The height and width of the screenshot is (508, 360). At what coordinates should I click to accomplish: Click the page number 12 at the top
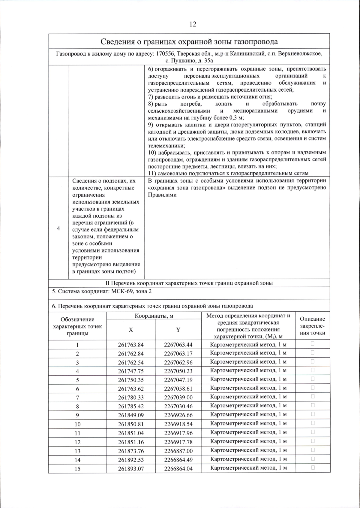point(193,24)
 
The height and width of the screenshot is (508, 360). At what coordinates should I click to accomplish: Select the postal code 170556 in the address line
point(166,54)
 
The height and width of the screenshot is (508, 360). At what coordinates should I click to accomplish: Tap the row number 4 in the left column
point(58,228)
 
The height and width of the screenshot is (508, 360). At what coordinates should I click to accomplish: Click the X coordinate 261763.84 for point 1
point(131,345)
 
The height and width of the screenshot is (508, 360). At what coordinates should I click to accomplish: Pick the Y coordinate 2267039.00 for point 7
point(178,398)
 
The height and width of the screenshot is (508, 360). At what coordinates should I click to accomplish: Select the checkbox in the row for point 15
point(313,467)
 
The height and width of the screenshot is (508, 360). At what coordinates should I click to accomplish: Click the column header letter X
point(131,330)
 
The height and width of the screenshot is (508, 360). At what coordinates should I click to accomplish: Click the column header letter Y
point(178,330)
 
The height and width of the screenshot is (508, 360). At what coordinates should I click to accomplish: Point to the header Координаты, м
point(154,316)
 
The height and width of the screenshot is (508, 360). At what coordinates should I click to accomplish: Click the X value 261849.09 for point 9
point(131,415)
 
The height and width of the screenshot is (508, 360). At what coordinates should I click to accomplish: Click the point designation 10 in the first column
point(77,424)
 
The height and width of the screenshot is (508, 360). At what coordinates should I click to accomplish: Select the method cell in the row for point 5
point(248,379)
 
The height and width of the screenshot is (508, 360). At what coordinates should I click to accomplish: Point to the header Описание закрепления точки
point(312,326)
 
